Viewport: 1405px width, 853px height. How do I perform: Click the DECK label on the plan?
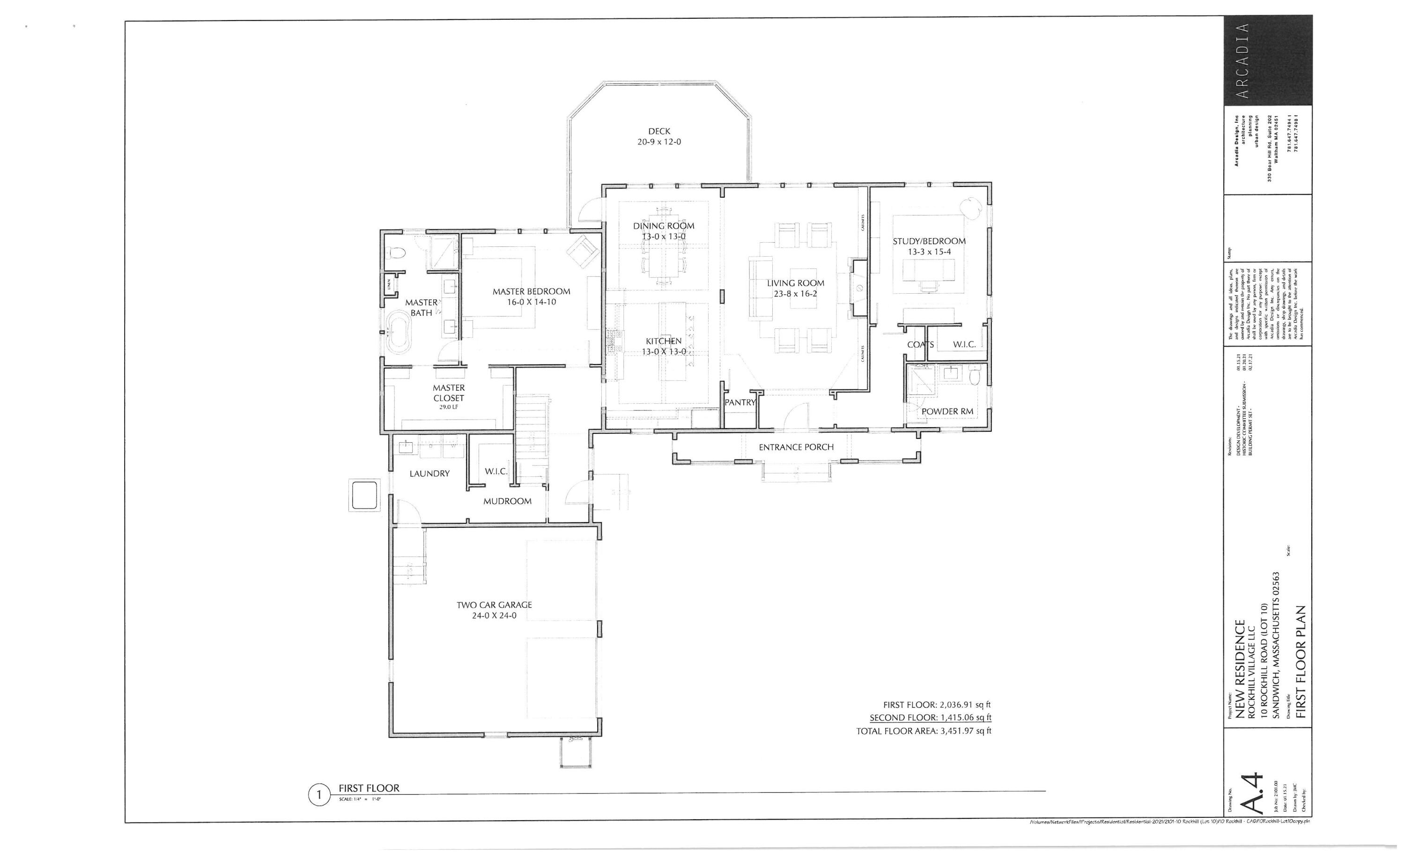[x=659, y=131]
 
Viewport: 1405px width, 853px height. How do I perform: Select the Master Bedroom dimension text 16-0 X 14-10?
[x=532, y=302]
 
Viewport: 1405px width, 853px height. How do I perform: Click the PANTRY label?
[x=739, y=402]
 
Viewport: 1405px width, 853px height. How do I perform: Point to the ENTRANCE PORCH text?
[x=796, y=447]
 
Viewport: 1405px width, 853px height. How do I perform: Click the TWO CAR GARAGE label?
[x=494, y=605]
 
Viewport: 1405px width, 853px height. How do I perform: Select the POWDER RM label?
[x=947, y=411]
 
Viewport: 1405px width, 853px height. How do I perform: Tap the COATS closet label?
[x=920, y=345]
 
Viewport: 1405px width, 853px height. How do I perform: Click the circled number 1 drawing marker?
[x=319, y=795]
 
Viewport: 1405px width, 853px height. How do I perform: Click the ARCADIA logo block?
[x=1268, y=60]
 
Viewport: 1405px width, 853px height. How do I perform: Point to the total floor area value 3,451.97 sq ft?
[x=965, y=731]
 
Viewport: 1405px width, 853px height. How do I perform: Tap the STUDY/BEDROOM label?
[x=929, y=241]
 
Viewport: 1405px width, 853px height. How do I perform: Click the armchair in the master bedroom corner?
[x=582, y=251]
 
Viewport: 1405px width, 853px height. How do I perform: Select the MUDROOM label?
[x=507, y=501]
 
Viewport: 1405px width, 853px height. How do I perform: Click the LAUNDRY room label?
[x=429, y=473]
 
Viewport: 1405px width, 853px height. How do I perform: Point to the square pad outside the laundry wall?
[x=364, y=495]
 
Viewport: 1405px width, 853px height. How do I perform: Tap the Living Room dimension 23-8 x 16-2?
[x=795, y=294]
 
